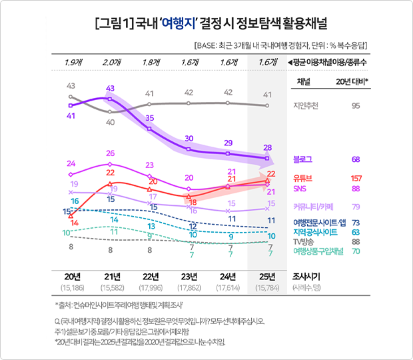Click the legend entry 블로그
pyautogui.click(x=303, y=159)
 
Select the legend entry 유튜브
pyautogui.click(x=303, y=178)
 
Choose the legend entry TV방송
pyautogui.click(x=306, y=241)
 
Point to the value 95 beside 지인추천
pyautogui.click(x=356, y=105)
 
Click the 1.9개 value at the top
pyautogui.click(x=71, y=62)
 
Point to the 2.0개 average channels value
pyautogui.click(x=111, y=62)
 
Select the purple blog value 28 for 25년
pyautogui.click(x=267, y=147)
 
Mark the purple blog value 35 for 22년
pyautogui.click(x=150, y=118)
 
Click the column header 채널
pyautogui.click(x=303, y=81)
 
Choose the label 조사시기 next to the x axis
pyautogui.click(x=307, y=276)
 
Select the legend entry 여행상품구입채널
pyautogui.click(x=318, y=251)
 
